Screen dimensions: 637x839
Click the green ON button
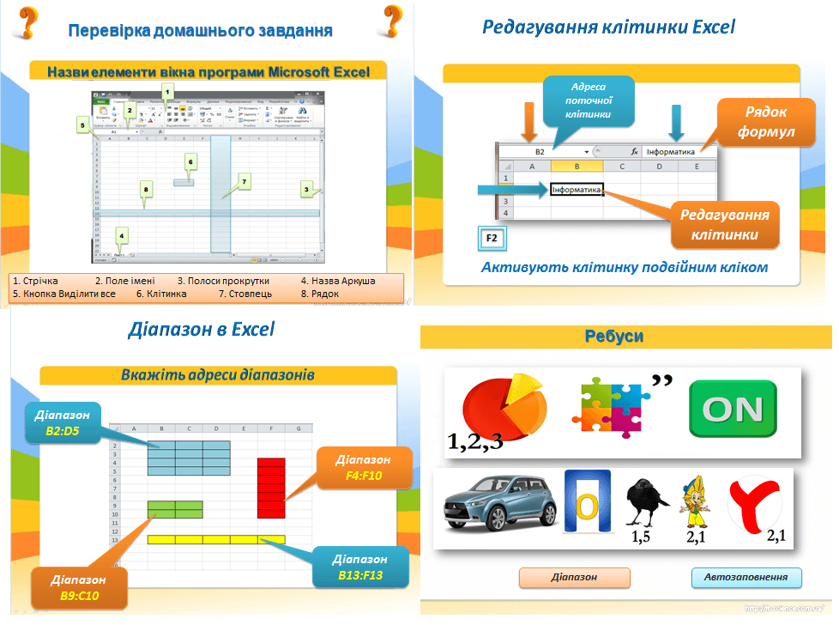(732, 409)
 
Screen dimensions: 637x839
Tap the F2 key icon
(492, 238)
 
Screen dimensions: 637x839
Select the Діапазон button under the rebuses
(574, 578)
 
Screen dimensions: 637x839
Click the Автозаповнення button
(745, 578)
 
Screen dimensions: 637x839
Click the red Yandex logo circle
(755, 505)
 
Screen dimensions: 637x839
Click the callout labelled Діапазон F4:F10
(365, 469)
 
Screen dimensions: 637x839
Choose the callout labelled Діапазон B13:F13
(359, 567)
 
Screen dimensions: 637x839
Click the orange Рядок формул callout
(764, 121)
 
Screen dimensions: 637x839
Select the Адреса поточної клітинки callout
(589, 100)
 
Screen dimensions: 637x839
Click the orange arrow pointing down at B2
(528, 122)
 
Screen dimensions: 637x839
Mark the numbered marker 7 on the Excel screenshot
(244, 181)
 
